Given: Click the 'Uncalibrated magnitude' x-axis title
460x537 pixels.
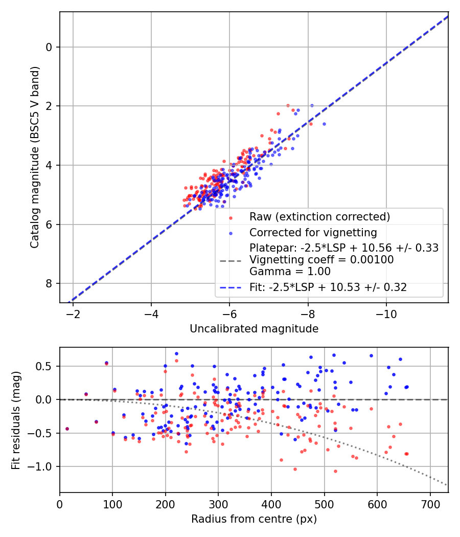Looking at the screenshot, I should coord(254,329).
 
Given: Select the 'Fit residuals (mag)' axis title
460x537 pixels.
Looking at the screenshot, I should coord(16,420).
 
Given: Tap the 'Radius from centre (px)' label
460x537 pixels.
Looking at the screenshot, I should coord(254,519).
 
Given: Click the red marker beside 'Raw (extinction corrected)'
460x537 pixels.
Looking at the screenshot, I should coord(230,217).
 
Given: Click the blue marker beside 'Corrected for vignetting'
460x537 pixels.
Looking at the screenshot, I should coord(230,233).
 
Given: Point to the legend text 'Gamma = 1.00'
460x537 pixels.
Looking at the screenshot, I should coord(290,272).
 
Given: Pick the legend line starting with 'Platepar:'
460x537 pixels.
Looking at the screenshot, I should coord(344,248).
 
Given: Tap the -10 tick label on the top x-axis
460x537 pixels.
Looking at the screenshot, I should coord(386,314).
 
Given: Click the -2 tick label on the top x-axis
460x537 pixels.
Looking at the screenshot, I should coord(73,314).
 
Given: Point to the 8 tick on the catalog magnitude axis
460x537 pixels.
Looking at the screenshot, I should coord(50,283).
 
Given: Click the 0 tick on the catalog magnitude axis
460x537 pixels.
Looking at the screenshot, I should coord(50,47).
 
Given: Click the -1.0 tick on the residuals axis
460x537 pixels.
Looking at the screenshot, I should coord(43,466).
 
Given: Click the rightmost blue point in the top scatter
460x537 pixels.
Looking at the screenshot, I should coord(324,124).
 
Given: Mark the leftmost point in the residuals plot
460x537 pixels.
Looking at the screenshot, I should coord(67,429).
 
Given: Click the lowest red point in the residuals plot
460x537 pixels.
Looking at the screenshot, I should coord(335,471).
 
